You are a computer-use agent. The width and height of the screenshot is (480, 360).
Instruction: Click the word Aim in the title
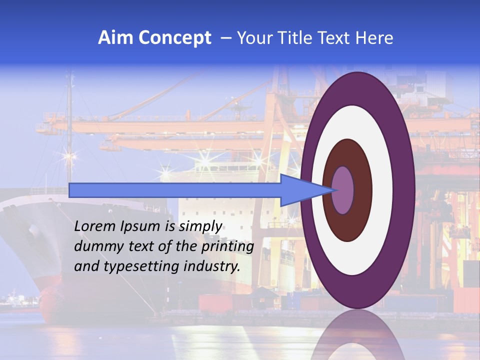[x=115, y=38]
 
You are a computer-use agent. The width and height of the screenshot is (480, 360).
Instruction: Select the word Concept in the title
[x=175, y=38]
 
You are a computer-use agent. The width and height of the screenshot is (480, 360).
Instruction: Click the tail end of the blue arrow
[x=72, y=190]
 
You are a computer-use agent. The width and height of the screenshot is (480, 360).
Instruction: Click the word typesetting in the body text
[x=144, y=266]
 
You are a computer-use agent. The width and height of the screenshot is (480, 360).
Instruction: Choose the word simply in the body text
[x=200, y=226]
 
